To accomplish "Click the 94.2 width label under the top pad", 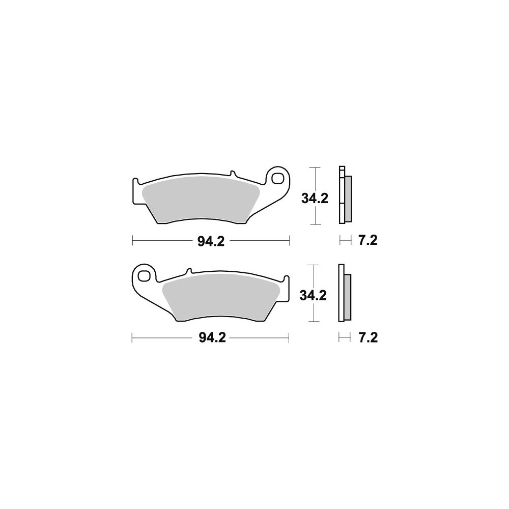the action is (211, 241).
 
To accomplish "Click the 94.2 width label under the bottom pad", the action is (212, 338).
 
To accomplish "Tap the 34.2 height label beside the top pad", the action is (315, 199).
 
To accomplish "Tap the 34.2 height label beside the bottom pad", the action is (313, 296).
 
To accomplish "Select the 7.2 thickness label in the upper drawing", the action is (368, 241).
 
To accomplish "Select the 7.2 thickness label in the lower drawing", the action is (368, 338).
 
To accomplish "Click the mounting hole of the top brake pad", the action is (277, 178).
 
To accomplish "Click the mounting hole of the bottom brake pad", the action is (143, 275).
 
